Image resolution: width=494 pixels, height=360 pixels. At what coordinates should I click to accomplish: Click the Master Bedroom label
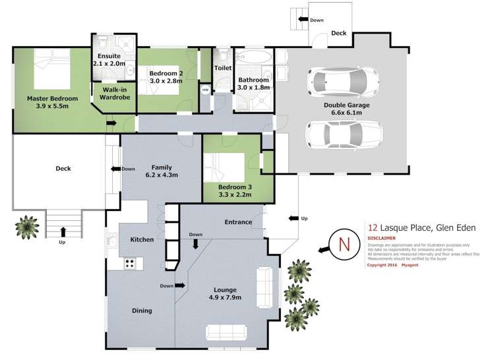(x=52, y=99)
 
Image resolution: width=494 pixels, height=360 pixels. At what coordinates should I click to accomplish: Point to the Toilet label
(x=222, y=68)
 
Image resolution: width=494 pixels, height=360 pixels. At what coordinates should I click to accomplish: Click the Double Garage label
(x=346, y=105)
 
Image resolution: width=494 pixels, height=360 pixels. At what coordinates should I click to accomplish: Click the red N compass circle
(x=343, y=243)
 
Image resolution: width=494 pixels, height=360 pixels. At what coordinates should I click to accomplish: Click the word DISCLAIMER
(x=381, y=237)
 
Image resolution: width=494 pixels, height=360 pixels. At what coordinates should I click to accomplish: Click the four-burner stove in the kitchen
(x=130, y=263)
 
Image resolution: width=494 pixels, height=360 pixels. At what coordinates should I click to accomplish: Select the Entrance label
(x=238, y=222)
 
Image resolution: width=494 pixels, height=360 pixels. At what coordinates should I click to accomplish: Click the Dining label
(x=141, y=311)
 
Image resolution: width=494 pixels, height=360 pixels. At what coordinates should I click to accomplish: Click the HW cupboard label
(x=205, y=90)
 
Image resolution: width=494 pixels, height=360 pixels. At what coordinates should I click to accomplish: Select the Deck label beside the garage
(x=338, y=33)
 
